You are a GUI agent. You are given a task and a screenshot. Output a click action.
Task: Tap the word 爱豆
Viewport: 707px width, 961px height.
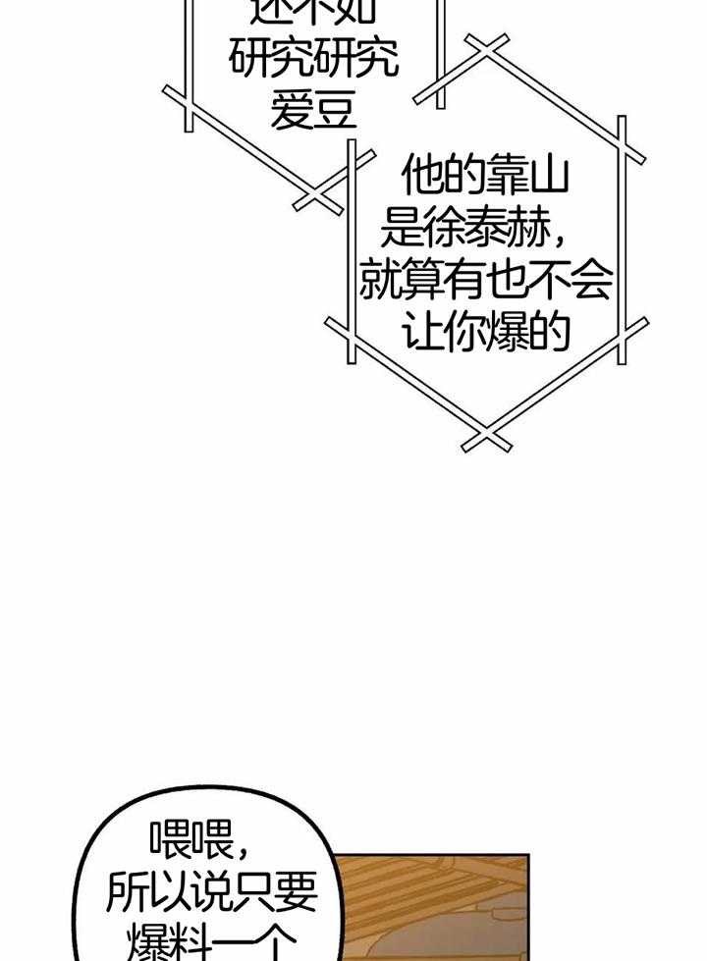pyautogui.click(x=313, y=111)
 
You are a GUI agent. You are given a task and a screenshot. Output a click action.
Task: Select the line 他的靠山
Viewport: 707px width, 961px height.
pyautogui.click(x=487, y=181)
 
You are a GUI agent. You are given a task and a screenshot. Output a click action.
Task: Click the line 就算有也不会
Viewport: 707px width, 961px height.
pyautogui.click(x=485, y=284)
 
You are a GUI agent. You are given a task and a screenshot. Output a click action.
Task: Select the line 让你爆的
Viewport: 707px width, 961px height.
pyautogui.click(x=487, y=335)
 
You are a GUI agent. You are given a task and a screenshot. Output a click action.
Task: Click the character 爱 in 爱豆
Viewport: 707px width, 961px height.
pyautogui.click(x=292, y=111)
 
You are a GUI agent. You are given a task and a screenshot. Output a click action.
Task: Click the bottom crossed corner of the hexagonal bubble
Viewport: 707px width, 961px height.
pyautogui.click(x=486, y=438)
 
